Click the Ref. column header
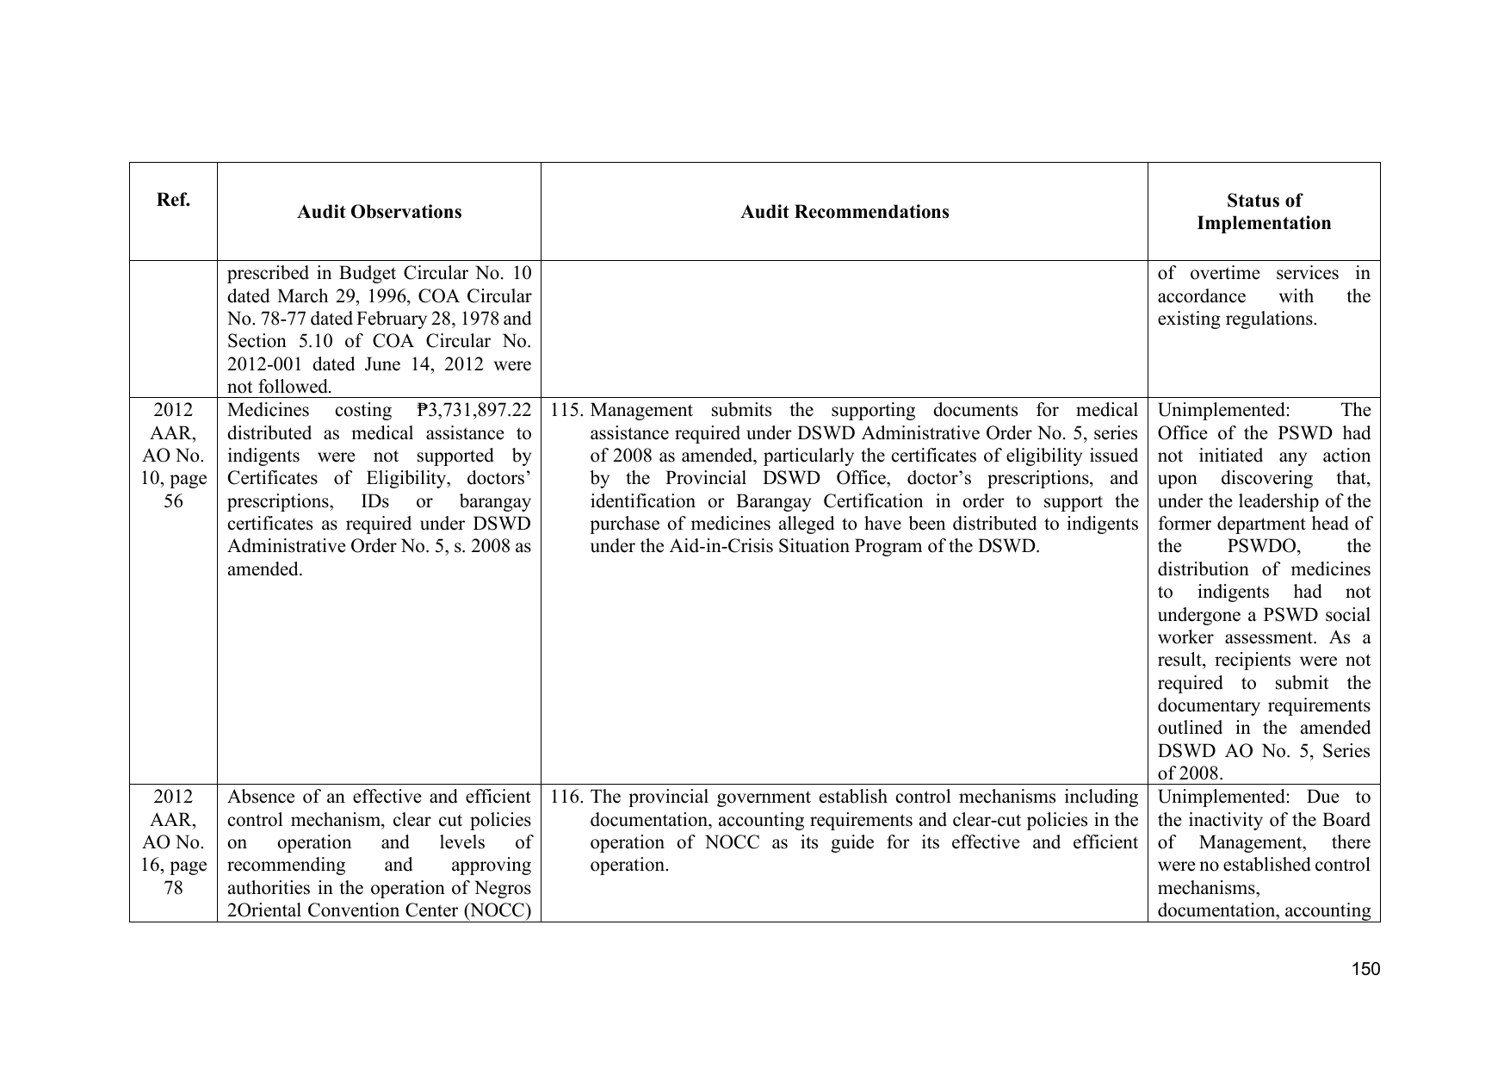point(173,200)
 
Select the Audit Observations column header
point(379,212)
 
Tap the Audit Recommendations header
point(845,212)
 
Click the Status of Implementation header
point(1263,212)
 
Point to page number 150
point(1365,969)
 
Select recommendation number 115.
point(567,411)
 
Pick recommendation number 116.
point(567,798)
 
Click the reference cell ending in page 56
point(173,456)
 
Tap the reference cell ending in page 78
point(173,842)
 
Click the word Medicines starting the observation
point(268,411)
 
